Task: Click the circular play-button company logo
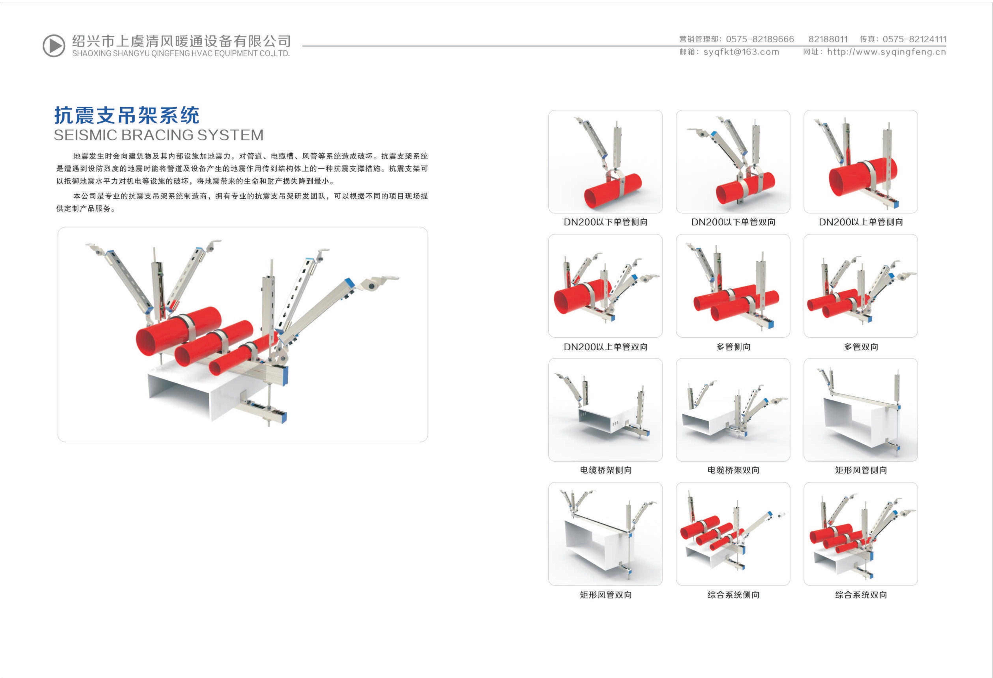point(54,45)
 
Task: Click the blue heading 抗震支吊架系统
point(126,115)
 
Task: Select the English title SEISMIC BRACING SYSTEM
point(158,135)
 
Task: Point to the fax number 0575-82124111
point(914,39)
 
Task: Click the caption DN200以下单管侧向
point(605,222)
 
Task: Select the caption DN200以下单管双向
point(733,222)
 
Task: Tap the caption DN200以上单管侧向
point(861,222)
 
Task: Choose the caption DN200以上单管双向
point(605,347)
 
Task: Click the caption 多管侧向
point(733,347)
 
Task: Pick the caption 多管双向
point(861,347)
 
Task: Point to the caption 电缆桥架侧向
point(605,470)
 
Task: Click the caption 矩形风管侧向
point(861,470)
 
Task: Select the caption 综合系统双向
point(861,595)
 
